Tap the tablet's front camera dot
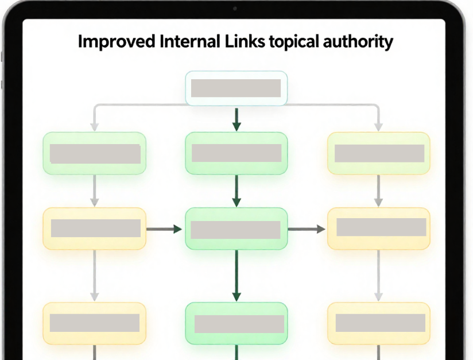[x=235, y=9]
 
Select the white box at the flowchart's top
[x=236, y=88]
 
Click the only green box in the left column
[x=95, y=153]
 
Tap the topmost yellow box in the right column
[x=378, y=153]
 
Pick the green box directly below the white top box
[x=236, y=153]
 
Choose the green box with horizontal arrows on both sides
[x=236, y=229]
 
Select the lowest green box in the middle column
[x=236, y=324]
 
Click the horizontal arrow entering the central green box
[x=164, y=229]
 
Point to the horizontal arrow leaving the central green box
[x=307, y=229]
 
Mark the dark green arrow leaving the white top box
[x=236, y=119]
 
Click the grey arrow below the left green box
[x=95, y=191]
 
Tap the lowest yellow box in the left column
[x=95, y=323]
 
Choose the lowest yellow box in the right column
[x=378, y=323]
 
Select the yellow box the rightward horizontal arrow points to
[x=378, y=228]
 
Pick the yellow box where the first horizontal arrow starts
[x=95, y=229]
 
